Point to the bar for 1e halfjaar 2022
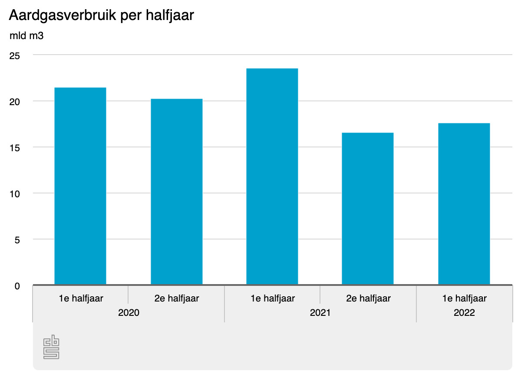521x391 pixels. click(464, 204)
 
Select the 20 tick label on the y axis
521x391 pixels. click(15, 102)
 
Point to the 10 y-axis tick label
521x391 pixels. click(15, 194)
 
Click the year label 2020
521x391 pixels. click(129, 313)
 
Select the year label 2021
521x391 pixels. click(320, 313)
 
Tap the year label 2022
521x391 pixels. click(464, 313)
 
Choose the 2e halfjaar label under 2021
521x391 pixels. click(369, 298)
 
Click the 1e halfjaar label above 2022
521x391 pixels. click(465, 298)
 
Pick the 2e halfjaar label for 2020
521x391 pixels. click(177, 298)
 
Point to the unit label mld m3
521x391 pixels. click(26, 36)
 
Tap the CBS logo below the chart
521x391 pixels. click(51, 347)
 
